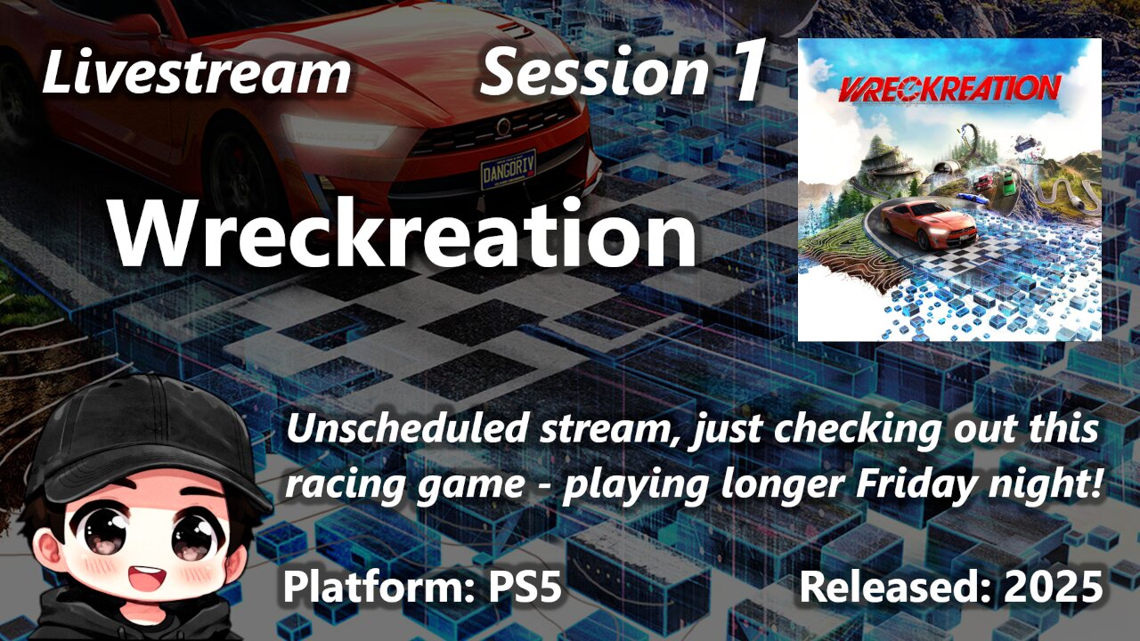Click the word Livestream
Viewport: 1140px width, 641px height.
click(196, 73)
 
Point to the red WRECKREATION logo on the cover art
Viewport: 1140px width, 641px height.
click(949, 87)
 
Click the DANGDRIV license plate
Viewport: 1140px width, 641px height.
click(508, 168)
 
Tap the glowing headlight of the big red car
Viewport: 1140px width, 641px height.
click(338, 134)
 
